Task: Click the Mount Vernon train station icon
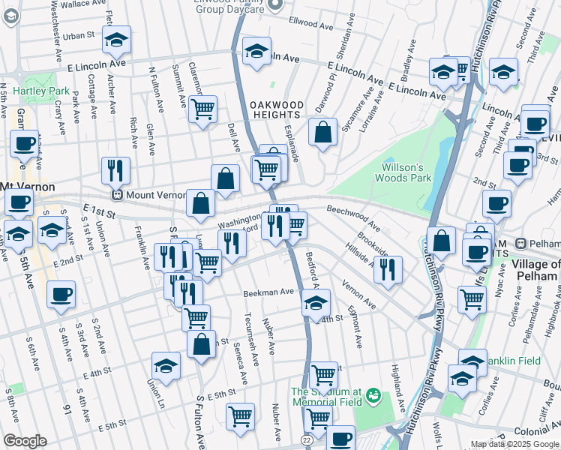[x=117, y=195]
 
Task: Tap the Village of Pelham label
[x=535, y=270]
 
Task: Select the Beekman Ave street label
[x=266, y=292]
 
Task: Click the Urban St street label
[x=79, y=35]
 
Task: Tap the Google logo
[x=25, y=441]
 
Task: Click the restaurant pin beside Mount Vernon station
[x=115, y=169]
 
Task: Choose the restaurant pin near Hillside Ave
[x=388, y=268]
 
